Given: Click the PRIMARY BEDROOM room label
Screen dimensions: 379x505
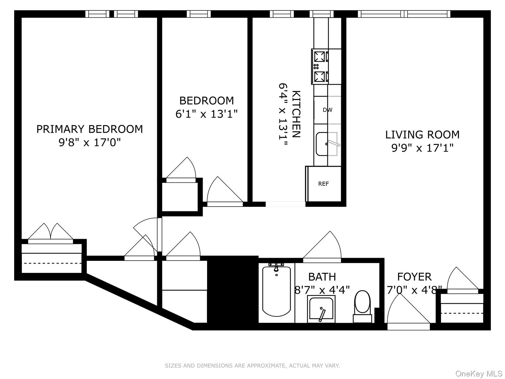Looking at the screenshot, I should [90, 129].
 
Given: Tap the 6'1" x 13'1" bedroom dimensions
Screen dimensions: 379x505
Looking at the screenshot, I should [206, 114].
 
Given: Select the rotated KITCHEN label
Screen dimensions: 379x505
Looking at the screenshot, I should [296, 114].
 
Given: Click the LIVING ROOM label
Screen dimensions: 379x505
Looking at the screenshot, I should [422, 135].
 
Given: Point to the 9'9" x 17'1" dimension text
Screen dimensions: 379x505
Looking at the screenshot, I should [422, 148].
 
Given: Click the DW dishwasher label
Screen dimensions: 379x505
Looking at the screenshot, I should [327, 110].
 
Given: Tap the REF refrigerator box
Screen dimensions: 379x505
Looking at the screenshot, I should [324, 184].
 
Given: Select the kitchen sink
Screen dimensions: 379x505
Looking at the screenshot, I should [327, 144].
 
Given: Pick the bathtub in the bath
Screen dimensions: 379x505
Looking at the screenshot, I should [276, 291].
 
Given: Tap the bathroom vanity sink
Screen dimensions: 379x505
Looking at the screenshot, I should [321, 309].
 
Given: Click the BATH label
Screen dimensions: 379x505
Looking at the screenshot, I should [322, 277].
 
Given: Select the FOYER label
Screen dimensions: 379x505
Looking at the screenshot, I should [414, 277].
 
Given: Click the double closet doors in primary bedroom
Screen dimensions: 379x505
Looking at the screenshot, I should [50, 234].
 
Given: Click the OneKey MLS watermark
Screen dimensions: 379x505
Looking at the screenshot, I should [479, 374].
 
